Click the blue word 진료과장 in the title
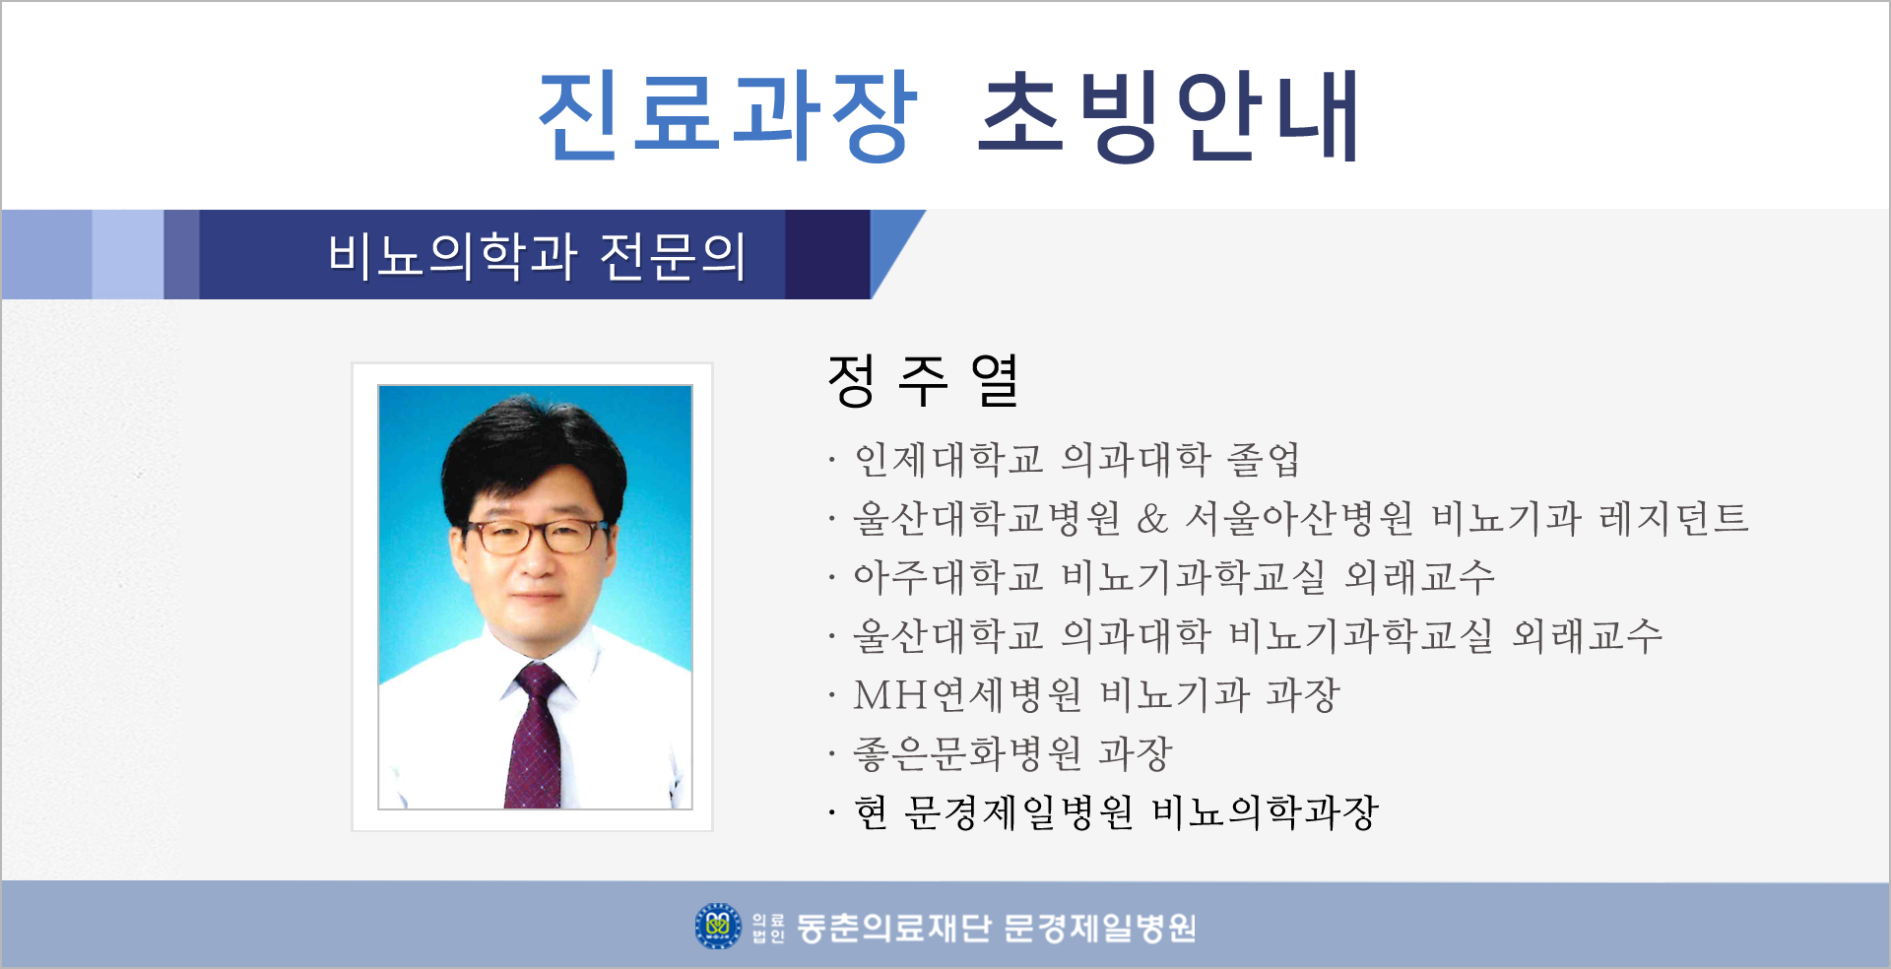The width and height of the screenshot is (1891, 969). (x=728, y=115)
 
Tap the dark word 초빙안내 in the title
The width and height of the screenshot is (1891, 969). (x=1169, y=115)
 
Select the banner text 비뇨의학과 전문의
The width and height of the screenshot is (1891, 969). (x=537, y=256)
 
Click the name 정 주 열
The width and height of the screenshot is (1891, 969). (x=923, y=380)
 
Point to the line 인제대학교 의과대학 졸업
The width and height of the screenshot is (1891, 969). (x=1076, y=459)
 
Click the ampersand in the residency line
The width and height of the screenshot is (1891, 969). (x=1152, y=518)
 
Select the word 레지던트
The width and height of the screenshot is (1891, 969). (x=1673, y=518)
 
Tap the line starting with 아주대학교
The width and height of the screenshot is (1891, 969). (x=1174, y=577)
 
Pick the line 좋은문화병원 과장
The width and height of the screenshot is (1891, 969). (x=1012, y=754)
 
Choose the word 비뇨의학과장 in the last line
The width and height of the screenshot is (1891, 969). (x=1265, y=813)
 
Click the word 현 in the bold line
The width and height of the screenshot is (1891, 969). (x=872, y=813)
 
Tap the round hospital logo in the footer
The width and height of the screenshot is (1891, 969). (x=718, y=926)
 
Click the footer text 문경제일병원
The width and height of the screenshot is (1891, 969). (x=1100, y=928)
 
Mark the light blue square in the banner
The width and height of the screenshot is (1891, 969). (x=128, y=254)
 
